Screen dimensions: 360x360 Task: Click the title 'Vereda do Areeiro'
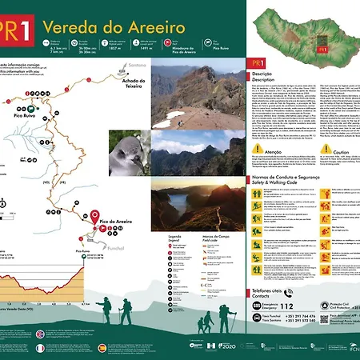[125, 28]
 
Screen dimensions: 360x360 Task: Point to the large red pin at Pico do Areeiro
[94, 217]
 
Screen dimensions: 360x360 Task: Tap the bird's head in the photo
[125, 150]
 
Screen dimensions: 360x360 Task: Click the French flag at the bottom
[40, 348]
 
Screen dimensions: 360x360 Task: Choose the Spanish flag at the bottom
[101, 348]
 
